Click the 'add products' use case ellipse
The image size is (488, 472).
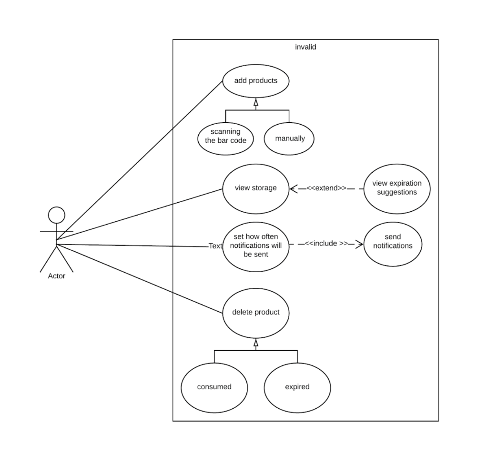[256, 80]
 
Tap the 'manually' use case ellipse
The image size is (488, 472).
[290, 138]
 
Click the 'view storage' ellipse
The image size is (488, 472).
[256, 188]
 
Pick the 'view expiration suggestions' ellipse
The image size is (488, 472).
[396, 188]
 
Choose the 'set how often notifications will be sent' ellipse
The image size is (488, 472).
[256, 246]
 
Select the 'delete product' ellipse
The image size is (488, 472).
[256, 313]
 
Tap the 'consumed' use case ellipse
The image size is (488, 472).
[214, 387]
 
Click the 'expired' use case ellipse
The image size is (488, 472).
[297, 387]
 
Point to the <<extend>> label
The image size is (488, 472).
[326, 188]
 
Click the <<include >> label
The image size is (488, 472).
[326, 243]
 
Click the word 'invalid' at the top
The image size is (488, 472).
[305, 47]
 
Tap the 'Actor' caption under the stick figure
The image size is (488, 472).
[57, 276]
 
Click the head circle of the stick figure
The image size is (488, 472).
[57, 215]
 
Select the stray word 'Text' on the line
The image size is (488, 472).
[215, 246]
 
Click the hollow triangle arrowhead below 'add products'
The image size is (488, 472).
[256, 102]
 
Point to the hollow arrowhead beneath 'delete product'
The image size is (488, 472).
[256, 342]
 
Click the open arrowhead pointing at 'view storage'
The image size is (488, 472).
[294, 188]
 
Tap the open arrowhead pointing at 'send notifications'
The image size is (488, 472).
[359, 244]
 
